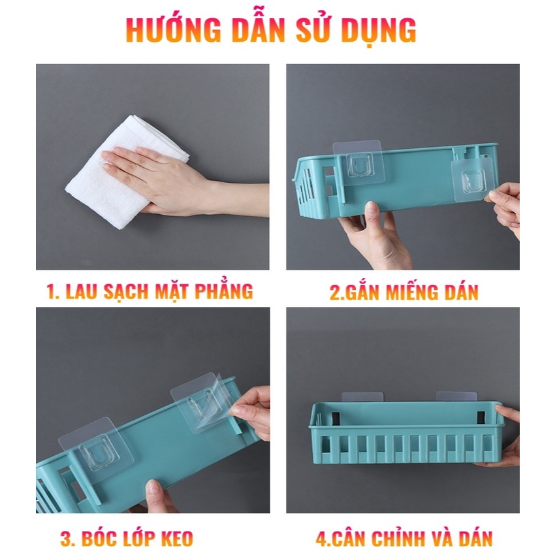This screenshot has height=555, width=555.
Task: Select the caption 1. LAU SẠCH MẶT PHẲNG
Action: pos(150,291)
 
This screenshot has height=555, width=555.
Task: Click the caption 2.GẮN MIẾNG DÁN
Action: pos(404,292)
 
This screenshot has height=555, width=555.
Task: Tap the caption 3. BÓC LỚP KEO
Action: pos(127,539)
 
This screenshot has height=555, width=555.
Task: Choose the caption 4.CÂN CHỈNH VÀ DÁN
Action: pos(404,539)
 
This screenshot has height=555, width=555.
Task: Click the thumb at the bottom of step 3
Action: pos(157,496)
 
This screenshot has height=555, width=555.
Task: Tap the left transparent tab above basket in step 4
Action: pos(362,397)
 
